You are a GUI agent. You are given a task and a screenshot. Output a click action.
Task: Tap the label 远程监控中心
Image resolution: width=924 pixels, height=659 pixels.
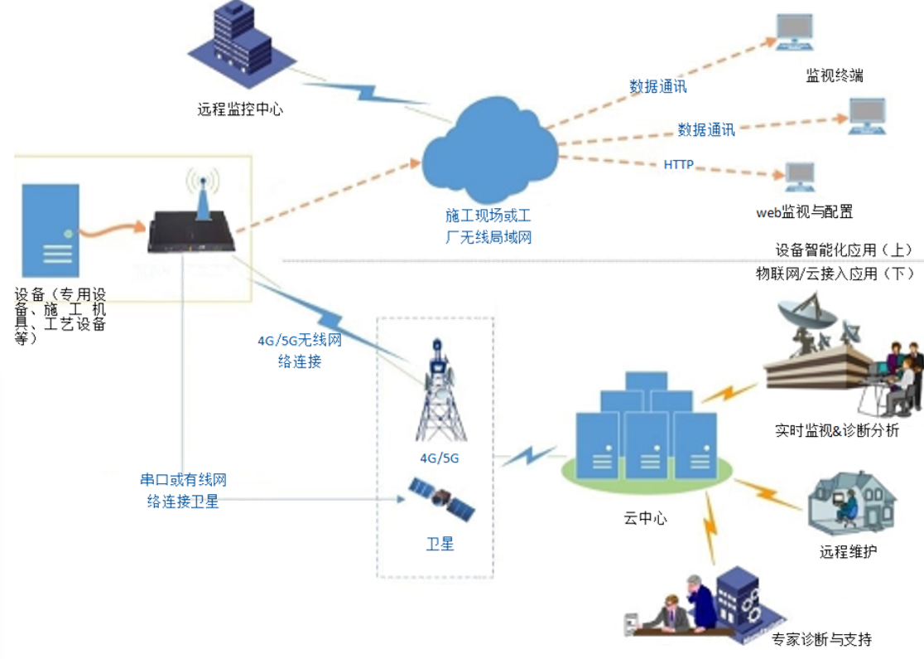[x=240, y=109]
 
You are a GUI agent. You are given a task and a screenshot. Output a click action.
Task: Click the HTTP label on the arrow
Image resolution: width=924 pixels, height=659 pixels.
[x=679, y=165]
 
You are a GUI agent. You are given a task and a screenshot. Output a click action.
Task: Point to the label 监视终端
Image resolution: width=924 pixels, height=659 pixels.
[x=835, y=75]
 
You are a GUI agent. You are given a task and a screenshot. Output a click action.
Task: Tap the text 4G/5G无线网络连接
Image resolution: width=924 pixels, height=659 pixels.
[x=300, y=351]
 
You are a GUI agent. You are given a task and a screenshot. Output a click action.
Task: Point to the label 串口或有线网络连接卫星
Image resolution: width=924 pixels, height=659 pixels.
[x=183, y=490]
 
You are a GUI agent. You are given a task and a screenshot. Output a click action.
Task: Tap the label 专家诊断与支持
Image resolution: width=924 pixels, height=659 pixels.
[x=821, y=639]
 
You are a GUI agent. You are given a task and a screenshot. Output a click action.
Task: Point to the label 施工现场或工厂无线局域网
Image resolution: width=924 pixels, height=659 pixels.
[x=488, y=226]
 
